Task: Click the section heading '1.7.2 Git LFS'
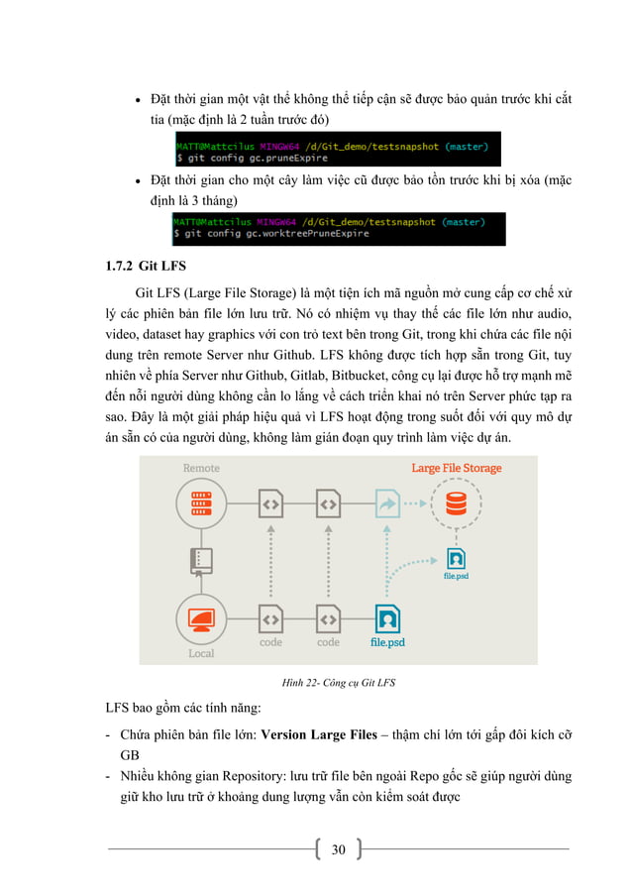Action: (x=145, y=267)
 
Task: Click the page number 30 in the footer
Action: (x=338, y=849)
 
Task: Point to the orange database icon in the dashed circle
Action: (x=456, y=503)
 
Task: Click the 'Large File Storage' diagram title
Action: (x=457, y=468)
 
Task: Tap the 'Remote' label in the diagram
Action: (x=201, y=468)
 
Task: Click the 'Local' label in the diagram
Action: (x=201, y=653)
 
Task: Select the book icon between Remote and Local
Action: (x=201, y=560)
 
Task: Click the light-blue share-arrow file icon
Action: (x=384, y=504)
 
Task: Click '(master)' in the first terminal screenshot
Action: (x=465, y=147)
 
